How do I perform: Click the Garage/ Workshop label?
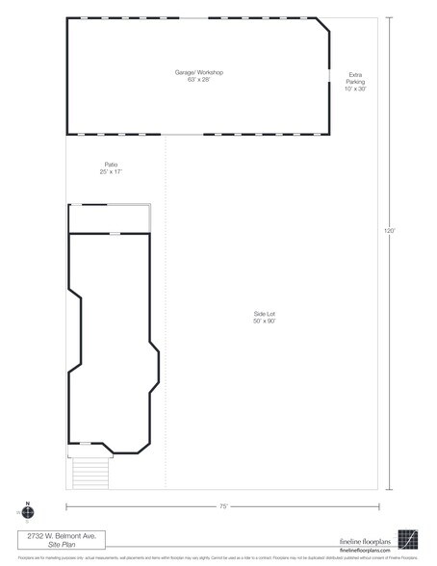tap(198, 72)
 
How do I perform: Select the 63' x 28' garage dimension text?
tap(198, 79)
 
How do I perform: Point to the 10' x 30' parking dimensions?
tap(356, 90)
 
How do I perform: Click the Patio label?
tap(111, 165)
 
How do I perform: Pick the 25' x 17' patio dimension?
tap(111, 171)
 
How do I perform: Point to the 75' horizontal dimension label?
tap(222, 505)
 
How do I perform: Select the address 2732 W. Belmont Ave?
tap(61, 535)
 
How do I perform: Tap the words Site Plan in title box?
tap(61, 544)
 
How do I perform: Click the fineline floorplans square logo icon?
tap(409, 539)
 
